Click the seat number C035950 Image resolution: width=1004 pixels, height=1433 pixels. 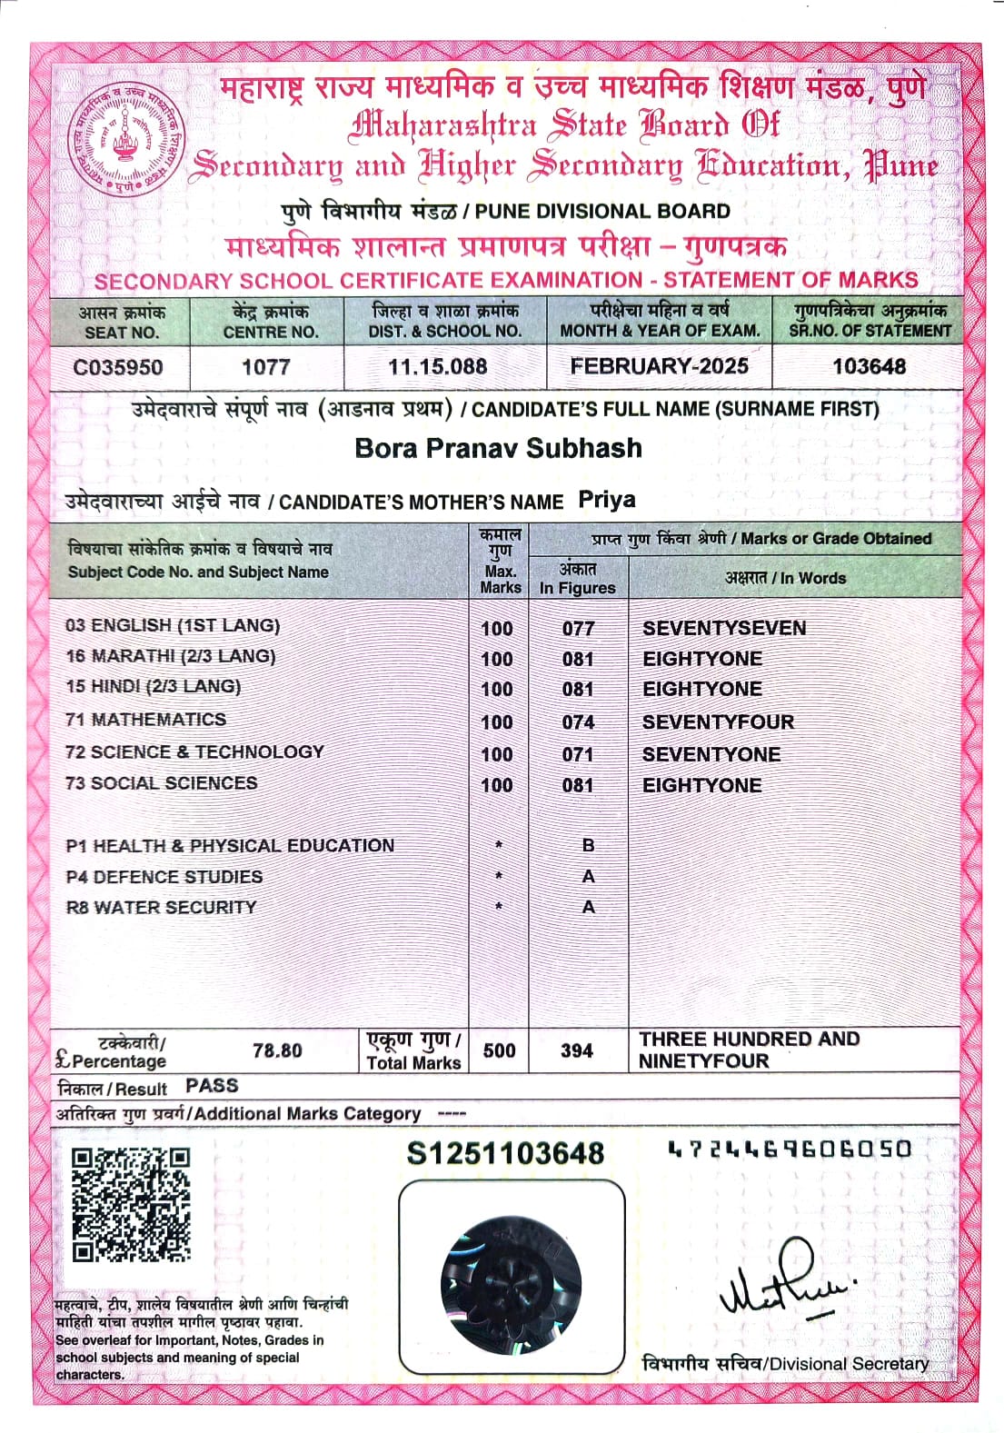click(118, 367)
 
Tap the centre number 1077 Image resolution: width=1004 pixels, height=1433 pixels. click(265, 367)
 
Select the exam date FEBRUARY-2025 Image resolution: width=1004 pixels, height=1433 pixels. click(659, 366)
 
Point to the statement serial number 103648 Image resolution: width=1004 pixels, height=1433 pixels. click(869, 366)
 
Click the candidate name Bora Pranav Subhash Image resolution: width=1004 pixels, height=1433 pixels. click(498, 448)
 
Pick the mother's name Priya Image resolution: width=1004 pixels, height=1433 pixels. click(607, 501)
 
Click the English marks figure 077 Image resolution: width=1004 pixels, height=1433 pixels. click(578, 628)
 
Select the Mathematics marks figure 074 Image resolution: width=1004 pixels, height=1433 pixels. click(578, 722)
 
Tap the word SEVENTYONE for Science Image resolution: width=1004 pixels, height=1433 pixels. click(711, 754)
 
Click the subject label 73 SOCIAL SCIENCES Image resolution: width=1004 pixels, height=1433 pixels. click(161, 783)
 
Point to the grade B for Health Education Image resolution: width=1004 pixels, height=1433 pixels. click(588, 845)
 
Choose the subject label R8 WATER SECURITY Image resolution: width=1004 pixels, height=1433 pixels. click(161, 907)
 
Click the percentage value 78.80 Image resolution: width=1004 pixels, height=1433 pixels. click(277, 1050)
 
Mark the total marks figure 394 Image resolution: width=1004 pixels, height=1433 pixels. click(577, 1050)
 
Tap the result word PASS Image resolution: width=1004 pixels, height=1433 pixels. click(212, 1086)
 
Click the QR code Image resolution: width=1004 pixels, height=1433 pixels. click(131, 1205)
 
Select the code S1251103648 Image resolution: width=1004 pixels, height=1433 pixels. click(505, 1153)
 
